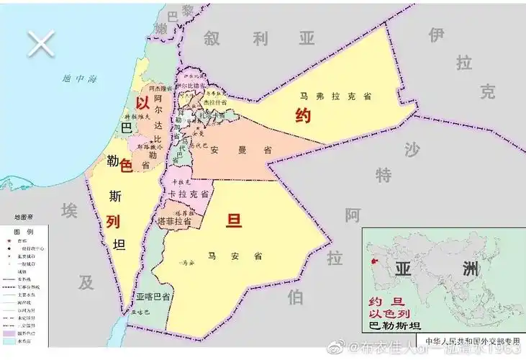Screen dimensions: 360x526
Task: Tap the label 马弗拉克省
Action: tap(331, 94)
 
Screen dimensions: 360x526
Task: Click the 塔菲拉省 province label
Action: tap(174, 222)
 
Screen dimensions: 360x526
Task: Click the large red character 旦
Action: tap(234, 220)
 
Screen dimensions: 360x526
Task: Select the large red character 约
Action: tap(303, 115)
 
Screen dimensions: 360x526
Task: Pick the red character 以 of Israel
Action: tap(142, 102)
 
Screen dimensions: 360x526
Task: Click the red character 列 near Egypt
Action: tap(112, 221)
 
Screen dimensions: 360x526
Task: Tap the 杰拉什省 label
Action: tap(214, 103)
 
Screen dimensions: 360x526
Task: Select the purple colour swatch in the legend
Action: tap(9, 333)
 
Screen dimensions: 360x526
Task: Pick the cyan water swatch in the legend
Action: tap(9, 342)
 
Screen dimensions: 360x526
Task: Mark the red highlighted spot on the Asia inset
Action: tap(373, 260)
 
